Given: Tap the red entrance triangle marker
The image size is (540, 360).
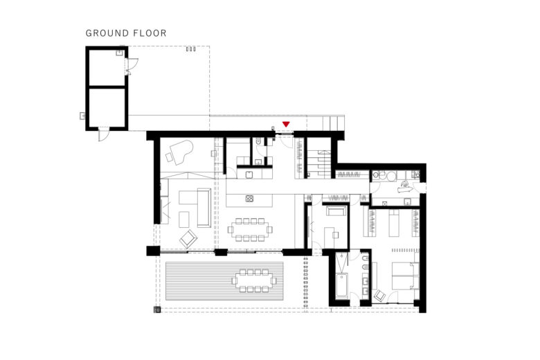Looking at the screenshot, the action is click(x=286, y=124).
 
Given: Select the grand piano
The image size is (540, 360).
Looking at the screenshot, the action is click(x=181, y=152).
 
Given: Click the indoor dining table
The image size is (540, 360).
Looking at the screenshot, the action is click(x=250, y=229).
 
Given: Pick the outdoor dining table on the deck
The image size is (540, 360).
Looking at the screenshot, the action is click(x=254, y=280).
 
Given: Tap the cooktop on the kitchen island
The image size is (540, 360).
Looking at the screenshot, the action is click(x=250, y=199).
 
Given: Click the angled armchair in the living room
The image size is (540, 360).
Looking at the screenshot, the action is click(x=188, y=238).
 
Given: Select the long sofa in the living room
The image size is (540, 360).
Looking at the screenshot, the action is click(x=204, y=208).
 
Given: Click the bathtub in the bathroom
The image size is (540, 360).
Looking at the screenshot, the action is click(x=341, y=286).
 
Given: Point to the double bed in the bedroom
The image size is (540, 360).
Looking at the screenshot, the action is click(x=405, y=276).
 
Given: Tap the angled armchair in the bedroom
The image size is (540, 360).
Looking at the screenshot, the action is click(x=380, y=296).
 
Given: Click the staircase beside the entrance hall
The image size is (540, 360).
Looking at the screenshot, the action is click(x=319, y=164).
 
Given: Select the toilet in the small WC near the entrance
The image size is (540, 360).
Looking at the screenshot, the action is click(x=259, y=141).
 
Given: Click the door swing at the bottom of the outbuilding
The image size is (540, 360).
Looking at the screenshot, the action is click(x=104, y=135).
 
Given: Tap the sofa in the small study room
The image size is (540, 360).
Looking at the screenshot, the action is click(x=336, y=211).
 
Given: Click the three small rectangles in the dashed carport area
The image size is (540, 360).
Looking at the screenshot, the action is click(x=191, y=49).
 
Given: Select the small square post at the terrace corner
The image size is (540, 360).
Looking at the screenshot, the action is click(x=157, y=309).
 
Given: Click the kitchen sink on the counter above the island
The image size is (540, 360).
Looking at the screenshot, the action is click(x=249, y=174).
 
